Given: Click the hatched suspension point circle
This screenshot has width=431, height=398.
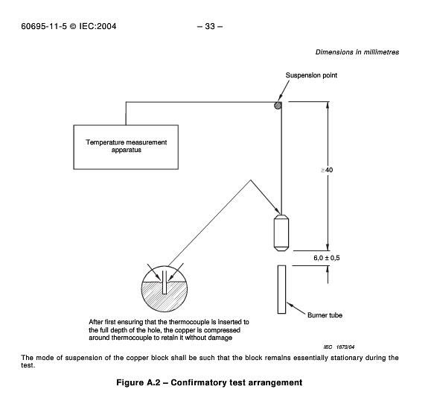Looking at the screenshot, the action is click(x=278, y=105).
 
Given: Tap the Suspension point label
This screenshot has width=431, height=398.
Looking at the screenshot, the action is click(x=311, y=75).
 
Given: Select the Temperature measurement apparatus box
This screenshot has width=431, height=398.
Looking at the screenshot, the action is click(x=126, y=147).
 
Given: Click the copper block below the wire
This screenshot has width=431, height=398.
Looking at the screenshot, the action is click(x=281, y=233).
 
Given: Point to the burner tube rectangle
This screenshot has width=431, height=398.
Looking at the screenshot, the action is click(x=281, y=289).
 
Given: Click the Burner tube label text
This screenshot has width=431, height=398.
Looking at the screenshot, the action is click(x=325, y=315).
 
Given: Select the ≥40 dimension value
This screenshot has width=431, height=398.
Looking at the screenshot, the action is click(x=327, y=170).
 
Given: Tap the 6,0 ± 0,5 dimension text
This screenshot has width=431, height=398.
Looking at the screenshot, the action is click(x=327, y=258).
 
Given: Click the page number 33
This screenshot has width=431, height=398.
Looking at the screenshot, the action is click(x=210, y=26).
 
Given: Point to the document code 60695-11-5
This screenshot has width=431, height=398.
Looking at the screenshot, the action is click(x=44, y=26).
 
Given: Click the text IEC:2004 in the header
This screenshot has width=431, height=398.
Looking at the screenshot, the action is click(x=98, y=26).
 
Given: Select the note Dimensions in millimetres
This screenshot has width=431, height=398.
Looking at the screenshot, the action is click(x=357, y=52).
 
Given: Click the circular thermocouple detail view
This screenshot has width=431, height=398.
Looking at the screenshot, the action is click(x=165, y=288).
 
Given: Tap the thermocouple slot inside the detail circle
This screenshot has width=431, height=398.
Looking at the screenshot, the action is click(x=165, y=282).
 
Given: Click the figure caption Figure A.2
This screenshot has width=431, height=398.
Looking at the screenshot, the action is click(x=138, y=382).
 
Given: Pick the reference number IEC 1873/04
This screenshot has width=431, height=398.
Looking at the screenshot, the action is click(x=339, y=347).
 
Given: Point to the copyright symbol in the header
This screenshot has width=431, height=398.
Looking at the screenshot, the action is click(x=73, y=26).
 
